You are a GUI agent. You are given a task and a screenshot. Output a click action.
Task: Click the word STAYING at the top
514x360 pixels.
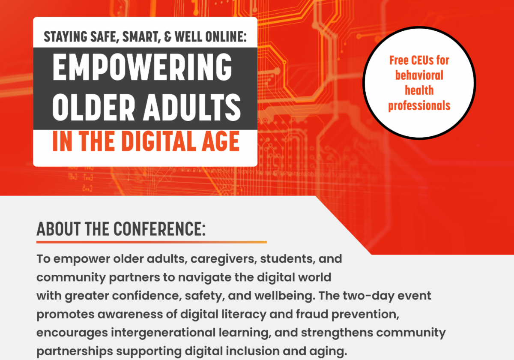(64, 37)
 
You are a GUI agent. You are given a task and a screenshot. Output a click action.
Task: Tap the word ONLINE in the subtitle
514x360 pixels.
(224, 37)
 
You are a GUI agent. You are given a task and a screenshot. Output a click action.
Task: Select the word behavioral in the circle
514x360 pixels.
(419, 75)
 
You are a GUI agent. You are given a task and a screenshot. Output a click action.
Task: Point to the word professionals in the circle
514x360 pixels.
(419, 105)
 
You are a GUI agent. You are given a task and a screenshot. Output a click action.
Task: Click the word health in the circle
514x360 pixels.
(419, 90)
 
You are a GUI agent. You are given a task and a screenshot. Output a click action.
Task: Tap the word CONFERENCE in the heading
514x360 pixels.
(158, 230)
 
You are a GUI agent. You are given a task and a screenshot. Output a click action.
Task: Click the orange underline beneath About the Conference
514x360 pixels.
(152, 242)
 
